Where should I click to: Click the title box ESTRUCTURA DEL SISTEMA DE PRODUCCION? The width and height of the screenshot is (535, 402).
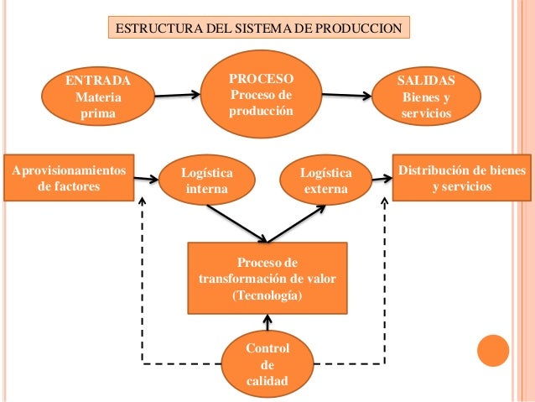(x=259, y=28)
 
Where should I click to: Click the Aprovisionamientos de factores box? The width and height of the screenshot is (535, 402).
(x=70, y=177)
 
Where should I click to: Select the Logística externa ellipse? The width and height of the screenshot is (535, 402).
(x=325, y=180)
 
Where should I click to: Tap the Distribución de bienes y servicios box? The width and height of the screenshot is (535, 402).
(x=461, y=177)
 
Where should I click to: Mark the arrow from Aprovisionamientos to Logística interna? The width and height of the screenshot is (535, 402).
(x=148, y=178)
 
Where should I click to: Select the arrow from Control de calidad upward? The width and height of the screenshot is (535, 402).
(x=267, y=322)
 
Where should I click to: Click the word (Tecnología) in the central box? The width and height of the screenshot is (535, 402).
(x=266, y=296)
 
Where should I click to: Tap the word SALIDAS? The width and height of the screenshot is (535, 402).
(x=426, y=81)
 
